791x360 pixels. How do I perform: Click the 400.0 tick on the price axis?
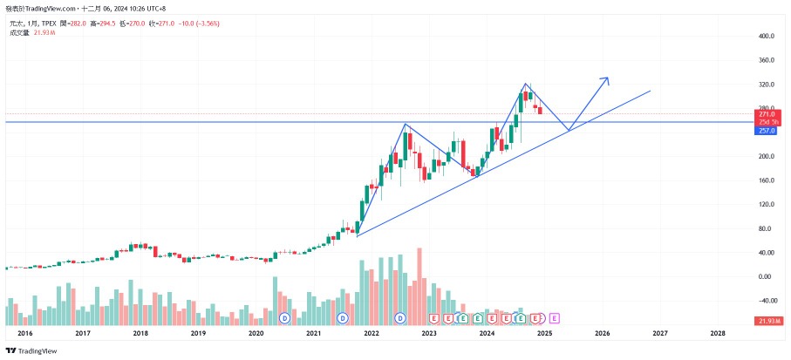[767, 37]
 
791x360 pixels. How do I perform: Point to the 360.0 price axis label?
[767, 61]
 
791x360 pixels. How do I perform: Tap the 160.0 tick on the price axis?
[767, 180]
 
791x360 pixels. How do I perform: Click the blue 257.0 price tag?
[767, 131]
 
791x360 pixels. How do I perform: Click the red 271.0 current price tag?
[767, 114]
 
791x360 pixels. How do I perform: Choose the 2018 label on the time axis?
[140, 333]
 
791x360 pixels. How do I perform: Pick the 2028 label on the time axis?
[717, 333]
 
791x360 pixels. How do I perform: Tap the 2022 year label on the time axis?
[372, 333]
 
